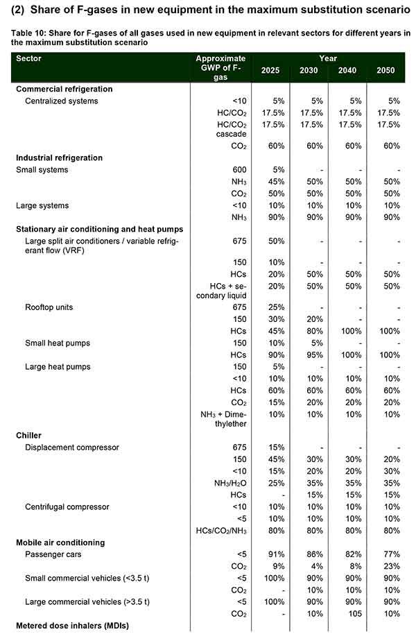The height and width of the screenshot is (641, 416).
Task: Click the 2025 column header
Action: tap(272, 71)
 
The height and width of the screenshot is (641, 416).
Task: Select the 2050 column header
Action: tap(386, 71)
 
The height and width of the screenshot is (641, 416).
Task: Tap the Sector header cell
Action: tap(28, 59)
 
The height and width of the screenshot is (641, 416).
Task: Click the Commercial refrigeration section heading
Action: tap(64, 89)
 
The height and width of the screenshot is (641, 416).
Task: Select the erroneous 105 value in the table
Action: tap(351, 613)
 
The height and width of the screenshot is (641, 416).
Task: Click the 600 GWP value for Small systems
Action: tap(239, 169)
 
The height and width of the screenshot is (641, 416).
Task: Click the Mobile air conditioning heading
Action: tap(60, 542)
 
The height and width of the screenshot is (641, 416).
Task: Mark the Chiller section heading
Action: tap(29, 435)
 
